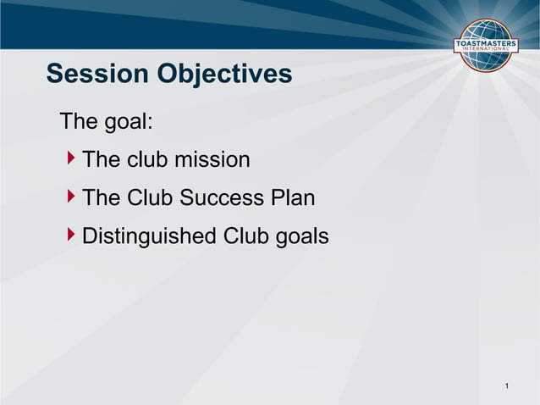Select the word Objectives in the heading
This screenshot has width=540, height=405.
pos(223,75)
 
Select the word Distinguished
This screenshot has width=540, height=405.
pos(149,236)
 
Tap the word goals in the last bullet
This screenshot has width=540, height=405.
pos(301,237)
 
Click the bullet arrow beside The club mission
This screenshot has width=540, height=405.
pos(71,158)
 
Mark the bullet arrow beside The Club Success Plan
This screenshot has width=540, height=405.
pos(71,197)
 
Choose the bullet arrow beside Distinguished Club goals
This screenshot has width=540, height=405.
pos(71,236)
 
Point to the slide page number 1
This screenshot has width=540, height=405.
pos(506,387)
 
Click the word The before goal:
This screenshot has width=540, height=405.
pos(79,121)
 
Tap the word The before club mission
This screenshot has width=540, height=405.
pos(102,159)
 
